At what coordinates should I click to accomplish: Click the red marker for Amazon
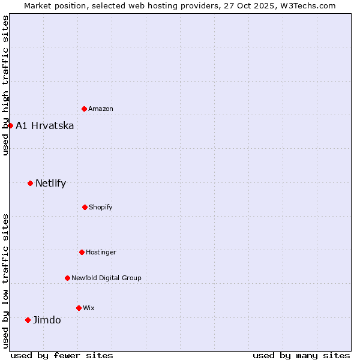point(84,109)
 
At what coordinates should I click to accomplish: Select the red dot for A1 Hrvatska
point(10,125)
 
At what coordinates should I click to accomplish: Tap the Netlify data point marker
point(30,183)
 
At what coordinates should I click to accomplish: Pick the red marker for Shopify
point(85,207)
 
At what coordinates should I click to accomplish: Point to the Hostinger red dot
point(82,252)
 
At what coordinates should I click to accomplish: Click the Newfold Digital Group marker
point(67,278)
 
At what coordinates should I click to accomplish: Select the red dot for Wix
point(79,308)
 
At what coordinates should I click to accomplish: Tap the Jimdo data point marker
point(28,320)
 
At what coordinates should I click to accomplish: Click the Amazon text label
point(101,109)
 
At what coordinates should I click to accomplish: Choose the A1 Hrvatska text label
point(45,125)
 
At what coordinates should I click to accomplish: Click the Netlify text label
point(51,183)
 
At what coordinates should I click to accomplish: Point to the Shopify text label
point(101,207)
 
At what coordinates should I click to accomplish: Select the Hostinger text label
point(101,252)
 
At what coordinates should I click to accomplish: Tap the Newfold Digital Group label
point(107,278)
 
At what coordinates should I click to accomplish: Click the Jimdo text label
point(47,320)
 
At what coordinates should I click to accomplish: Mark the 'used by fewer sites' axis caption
point(62,355)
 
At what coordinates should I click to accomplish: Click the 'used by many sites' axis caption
point(301,355)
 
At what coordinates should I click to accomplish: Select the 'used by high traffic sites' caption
point(5,85)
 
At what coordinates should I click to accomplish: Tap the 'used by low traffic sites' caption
point(5,281)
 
